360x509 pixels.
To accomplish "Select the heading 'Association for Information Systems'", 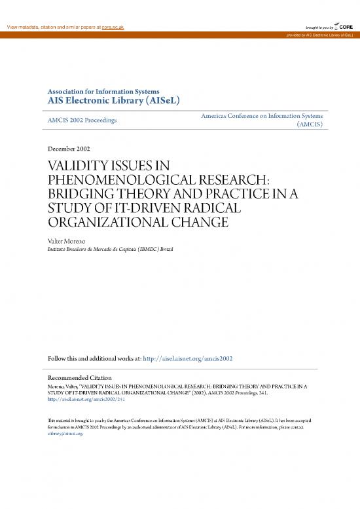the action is tap(103, 91).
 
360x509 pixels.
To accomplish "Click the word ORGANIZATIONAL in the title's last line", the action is tap(98, 224).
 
